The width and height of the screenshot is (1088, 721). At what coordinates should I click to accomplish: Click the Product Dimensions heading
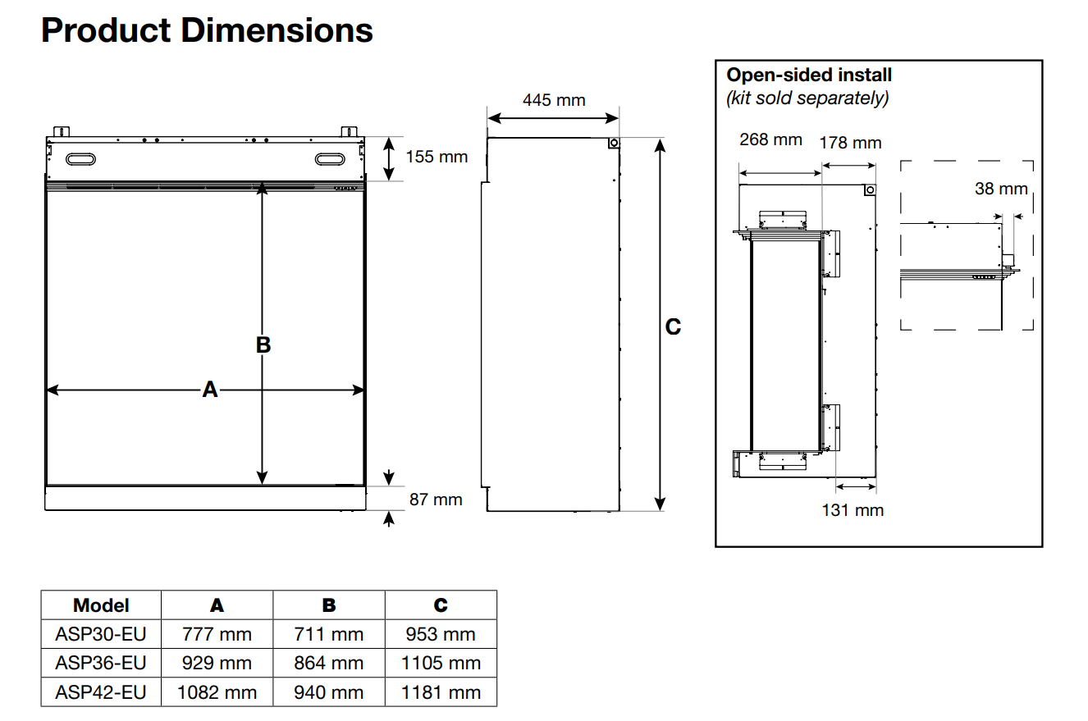coord(207,30)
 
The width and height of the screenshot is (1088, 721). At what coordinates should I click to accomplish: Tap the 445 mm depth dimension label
coord(554,100)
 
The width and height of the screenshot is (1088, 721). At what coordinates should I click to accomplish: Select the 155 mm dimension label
coord(437,156)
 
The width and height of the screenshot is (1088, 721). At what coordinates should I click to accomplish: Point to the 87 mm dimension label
coord(436,500)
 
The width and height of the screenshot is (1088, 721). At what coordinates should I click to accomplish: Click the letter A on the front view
coord(210,390)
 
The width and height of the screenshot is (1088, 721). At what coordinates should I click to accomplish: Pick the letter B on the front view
coord(263,345)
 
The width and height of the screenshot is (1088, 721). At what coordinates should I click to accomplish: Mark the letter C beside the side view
coord(673,326)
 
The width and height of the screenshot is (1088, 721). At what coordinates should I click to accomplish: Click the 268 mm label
coord(770,139)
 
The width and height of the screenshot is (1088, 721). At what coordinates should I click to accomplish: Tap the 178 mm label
coord(850,143)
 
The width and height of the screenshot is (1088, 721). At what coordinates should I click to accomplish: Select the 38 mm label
coord(1001,189)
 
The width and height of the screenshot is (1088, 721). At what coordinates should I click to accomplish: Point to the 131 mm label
coord(853,510)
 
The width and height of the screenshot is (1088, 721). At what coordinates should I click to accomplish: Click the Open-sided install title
coord(809,75)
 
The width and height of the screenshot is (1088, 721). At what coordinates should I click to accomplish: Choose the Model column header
coord(101,605)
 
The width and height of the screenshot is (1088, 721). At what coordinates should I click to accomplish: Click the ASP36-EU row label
coord(101,663)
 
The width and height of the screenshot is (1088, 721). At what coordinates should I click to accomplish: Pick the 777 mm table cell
coord(217,634)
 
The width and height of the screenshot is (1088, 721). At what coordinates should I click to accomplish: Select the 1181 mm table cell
coord(441,692)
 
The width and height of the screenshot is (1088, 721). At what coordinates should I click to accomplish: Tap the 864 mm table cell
coord(328,663)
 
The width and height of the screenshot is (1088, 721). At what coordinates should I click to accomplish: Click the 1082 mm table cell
coord(217,692)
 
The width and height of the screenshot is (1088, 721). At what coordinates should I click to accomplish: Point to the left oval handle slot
coord(81,158)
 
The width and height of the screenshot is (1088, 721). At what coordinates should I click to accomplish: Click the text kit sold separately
coord(807,98)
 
